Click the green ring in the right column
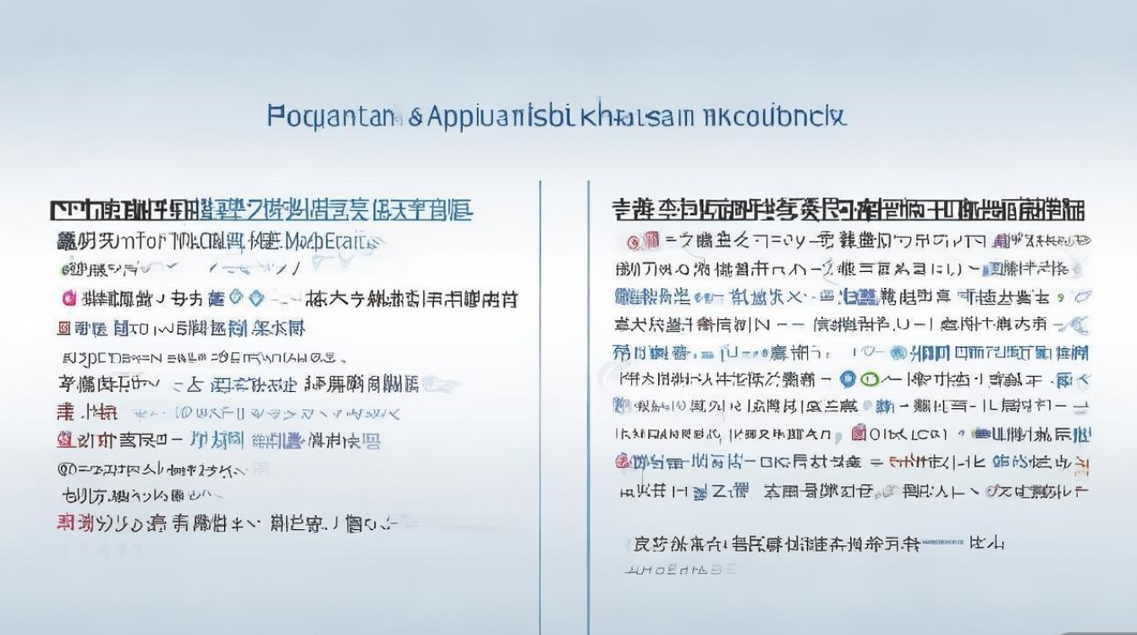pos(869,379)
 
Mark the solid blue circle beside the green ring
pos(849,379)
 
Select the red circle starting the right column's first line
pos(632,242)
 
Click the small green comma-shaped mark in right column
pos(1077,296)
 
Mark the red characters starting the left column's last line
pos(75,523)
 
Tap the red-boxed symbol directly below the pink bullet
pos(63,328)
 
